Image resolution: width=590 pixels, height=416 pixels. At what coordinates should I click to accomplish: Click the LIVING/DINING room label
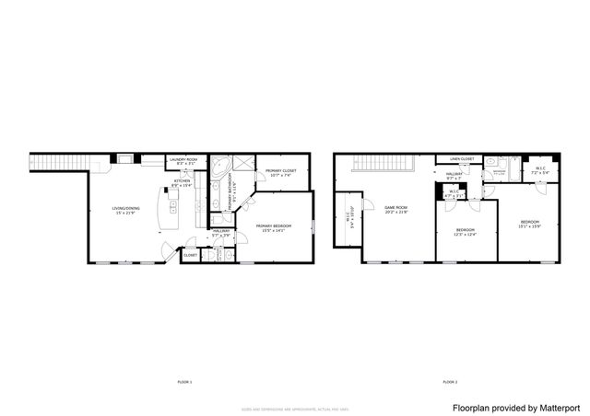pyautogui.click(x=124, y=210)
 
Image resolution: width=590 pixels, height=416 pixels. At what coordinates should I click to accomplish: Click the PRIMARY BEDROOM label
pyautogui.click(x=274, y=227)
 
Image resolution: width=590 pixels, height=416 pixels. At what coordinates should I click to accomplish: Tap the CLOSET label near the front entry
pyautogui.click(x=190, y=255)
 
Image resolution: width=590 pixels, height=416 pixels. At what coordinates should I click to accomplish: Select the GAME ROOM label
pyautogui.click(x=395, y=210)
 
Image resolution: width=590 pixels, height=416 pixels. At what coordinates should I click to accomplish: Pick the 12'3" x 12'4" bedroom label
pyautogui.click(x=466, y=231)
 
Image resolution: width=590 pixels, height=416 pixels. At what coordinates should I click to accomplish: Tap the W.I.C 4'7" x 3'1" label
pyautogui.click(x=454, y=193)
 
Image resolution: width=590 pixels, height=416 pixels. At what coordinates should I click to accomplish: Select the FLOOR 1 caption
pyautogui.click(x=184, y=381)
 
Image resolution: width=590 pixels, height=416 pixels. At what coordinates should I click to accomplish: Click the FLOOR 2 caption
pyautogui.click(x=450, y=381)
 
